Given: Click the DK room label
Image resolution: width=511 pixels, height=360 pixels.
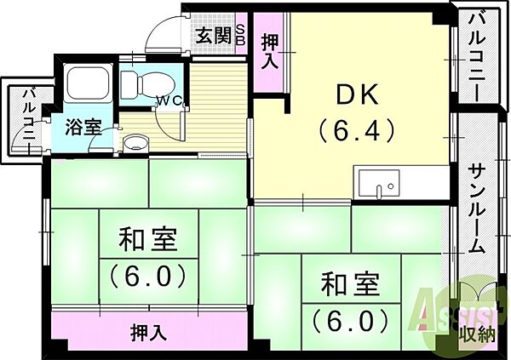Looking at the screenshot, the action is (x=358, y=94).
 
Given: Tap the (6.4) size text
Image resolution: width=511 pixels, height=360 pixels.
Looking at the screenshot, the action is (x=357, y=131).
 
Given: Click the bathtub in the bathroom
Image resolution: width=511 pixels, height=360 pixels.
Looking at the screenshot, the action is (x=88, y=83).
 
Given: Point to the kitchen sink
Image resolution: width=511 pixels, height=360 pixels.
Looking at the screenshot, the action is (x=379, y=184).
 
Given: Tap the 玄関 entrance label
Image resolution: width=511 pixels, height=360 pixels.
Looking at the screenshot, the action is (x=214, y=35).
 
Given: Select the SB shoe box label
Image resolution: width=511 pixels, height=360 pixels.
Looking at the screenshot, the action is (x=240, y=35).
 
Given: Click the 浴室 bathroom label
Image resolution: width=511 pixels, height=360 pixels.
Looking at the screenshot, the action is (x=83, y=127).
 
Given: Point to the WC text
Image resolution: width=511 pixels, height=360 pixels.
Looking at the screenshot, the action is (x=169, y=100).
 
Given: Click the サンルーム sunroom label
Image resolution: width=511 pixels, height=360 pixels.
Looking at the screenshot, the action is (x=477, y=209).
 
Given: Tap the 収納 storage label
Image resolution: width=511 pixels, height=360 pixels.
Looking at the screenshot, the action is (x=478, y=334).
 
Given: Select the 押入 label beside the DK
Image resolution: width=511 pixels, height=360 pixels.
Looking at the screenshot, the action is (x=270, y=53).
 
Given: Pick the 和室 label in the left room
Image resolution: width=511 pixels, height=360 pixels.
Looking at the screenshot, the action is (x=148, y=240).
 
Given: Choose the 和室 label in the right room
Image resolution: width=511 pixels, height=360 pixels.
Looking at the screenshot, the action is (x=351, y=284).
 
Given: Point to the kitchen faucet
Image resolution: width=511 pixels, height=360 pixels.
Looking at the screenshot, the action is (x=379, y=191).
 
